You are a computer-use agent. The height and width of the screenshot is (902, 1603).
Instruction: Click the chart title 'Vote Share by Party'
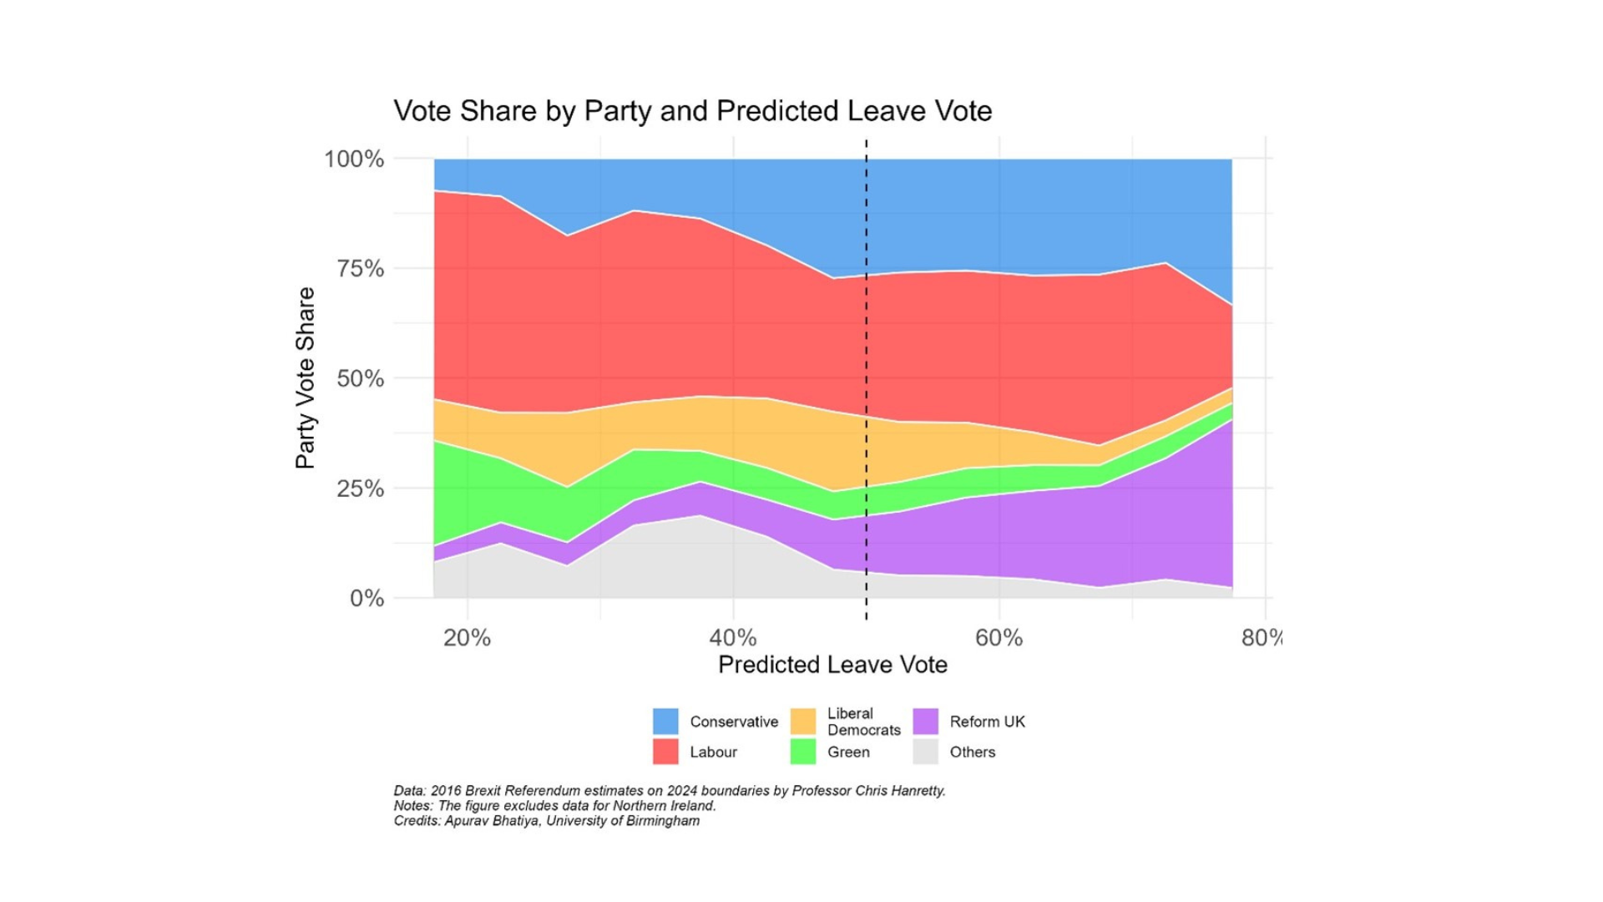coord(692,111)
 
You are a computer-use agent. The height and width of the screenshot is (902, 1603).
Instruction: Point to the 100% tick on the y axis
coord(354,159)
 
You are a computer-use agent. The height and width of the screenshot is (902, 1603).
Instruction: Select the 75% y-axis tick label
coord(360,269)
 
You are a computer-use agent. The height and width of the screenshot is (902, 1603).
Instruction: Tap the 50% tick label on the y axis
coord(360,378)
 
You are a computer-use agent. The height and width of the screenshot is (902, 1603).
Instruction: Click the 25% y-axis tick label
coord(360,489)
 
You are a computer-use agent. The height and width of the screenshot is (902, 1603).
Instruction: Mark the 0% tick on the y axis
coord(367,598)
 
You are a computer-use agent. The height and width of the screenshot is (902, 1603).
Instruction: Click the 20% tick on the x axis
coord(467,638)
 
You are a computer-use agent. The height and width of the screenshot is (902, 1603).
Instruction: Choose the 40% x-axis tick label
coord(733,638)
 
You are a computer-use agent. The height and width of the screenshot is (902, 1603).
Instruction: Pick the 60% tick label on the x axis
coord(999,638)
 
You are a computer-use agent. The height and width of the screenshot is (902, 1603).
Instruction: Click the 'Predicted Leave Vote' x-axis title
coord(832,665)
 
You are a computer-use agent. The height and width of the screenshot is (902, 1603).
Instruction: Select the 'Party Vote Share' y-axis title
coord(306,378)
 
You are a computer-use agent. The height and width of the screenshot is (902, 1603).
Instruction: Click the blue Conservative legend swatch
coord(665,722)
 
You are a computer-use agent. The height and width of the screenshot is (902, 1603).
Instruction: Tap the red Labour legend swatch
coord(665,752)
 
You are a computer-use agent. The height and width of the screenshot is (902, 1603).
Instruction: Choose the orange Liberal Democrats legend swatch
coord(802,722)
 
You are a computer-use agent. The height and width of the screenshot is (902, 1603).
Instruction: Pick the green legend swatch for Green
coord(802,752)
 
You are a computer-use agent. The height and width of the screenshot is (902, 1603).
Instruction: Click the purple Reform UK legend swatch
coord(926,722)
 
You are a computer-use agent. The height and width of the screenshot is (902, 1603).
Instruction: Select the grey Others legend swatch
coord(926,752)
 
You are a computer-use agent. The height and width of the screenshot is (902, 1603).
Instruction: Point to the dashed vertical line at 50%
coord(867,376)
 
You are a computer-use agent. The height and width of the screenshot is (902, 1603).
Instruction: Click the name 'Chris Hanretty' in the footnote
coord(900,791)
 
